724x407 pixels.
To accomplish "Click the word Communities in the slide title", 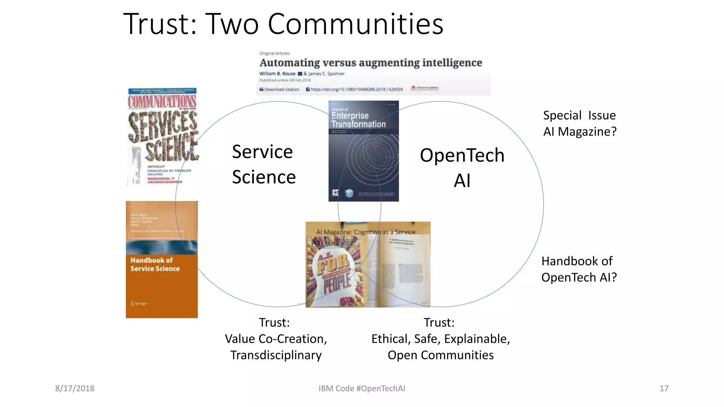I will (355, 24).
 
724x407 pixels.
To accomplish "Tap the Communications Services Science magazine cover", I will (162, 137).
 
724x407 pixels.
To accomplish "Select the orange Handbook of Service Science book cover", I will (162, 260).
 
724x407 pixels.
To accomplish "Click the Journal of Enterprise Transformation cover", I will (363, 151).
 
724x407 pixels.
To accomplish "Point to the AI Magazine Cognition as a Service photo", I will (368, 264).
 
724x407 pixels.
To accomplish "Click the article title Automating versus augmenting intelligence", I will (370, 63).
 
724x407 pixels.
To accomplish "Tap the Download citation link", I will (279, 89).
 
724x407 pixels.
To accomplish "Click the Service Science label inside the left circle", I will (263, 164).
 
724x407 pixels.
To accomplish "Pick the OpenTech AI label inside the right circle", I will (462, 168).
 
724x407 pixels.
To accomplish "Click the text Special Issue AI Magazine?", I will (580, 123).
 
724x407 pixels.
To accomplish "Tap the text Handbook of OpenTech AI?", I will (579, 269).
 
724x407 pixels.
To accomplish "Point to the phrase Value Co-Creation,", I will (276, 339).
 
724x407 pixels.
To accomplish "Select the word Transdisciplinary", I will (276, 355).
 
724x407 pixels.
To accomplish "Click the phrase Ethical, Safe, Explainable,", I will (440, 339).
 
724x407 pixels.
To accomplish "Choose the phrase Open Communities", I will (440, 355).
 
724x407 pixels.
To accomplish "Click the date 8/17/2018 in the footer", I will (75, 388).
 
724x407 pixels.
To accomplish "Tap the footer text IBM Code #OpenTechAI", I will (362, 388).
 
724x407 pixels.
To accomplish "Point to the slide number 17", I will (664, 388).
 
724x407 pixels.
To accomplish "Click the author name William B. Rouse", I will (277, 74).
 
